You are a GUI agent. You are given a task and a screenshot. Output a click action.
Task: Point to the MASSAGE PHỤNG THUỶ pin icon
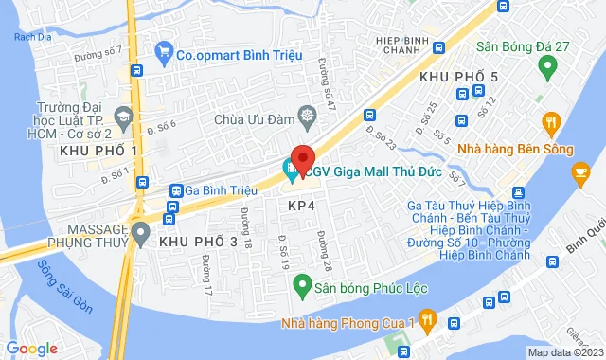[x=141, y=230]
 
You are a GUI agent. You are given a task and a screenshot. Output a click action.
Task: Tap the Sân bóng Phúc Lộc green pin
[x=301, y=283]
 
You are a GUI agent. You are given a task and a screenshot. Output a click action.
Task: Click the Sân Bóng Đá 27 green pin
[x=546, y=66]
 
